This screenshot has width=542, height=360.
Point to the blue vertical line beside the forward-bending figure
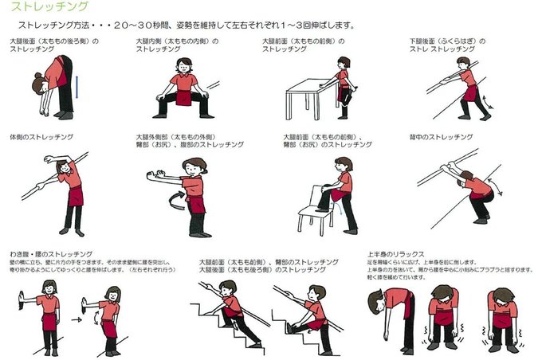pyautogui.click(x=77, y=83)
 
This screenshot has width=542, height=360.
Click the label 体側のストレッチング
pyautogui.click(x=41, y=137)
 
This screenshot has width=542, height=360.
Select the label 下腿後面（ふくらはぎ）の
pyautogui.click(x=447, y=41)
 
